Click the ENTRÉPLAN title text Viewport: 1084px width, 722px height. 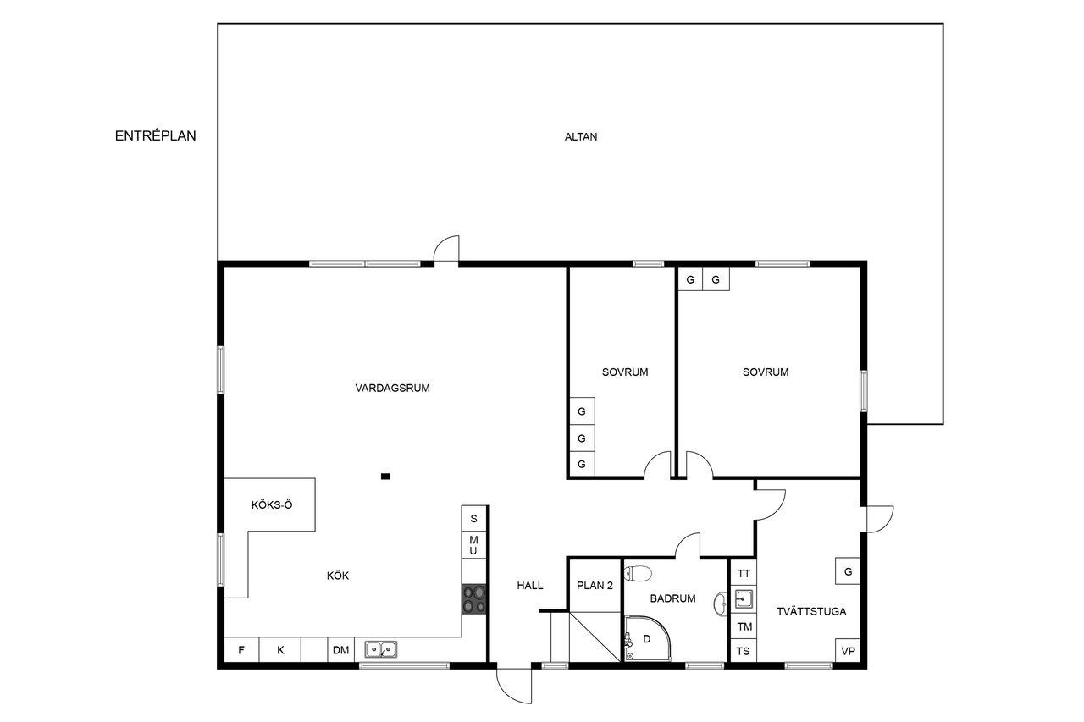pos(155,136)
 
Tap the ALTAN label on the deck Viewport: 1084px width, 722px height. pos(581,137)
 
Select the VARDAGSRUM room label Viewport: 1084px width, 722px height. pos(392,388)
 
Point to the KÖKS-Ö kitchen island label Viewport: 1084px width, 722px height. pos(272,504)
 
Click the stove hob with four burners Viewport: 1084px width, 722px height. pos(473,599)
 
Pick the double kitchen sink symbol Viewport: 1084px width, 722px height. pos(381,649)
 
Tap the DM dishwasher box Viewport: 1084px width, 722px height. pos(341,650)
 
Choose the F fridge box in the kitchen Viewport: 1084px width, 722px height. pos(241,650)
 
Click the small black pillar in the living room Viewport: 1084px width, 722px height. pos(385,477)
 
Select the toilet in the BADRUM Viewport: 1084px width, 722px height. pos(638,574)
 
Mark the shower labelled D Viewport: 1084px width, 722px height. pos(647,638)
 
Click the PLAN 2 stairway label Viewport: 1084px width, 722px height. pos(595,586)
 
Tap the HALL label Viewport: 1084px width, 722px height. pos(530,586)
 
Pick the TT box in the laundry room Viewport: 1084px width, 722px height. pos(744,573)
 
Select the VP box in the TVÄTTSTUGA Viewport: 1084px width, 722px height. pos(848,651)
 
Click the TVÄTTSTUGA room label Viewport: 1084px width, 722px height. pos(811,611)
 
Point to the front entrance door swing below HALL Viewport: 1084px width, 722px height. pos(514,686)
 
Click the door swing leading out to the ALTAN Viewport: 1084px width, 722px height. pos(446,249)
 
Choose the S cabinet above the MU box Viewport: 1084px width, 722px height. pos(473,518)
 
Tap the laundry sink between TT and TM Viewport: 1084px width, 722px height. pos(744,599)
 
